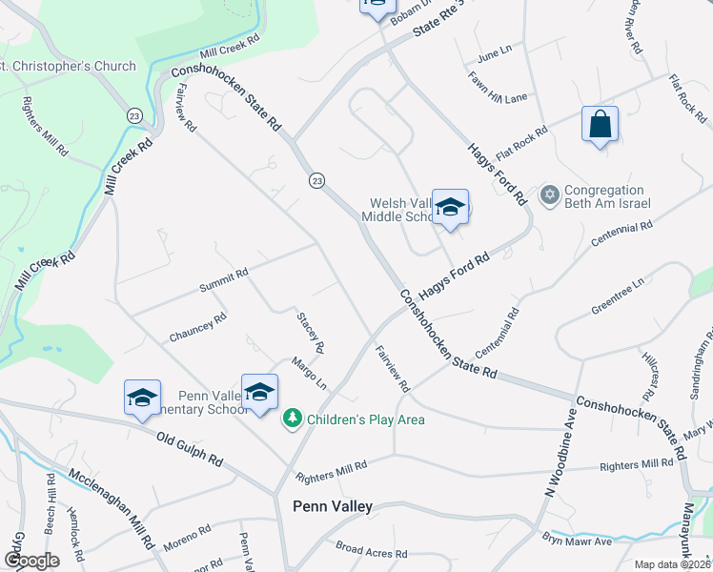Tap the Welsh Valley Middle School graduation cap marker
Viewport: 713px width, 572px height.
[x=450, y=208]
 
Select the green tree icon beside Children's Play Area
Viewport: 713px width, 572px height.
[x=292, y=419]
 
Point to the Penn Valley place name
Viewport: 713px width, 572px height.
[x=333, y=507]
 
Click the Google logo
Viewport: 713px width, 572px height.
[x=31, y=561]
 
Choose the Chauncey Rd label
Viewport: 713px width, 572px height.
[x=197, y=327]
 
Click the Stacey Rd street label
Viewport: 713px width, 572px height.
[x=312, y=331]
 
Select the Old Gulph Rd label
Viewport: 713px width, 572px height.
[x=190, y=447]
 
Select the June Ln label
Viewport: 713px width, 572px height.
[x=494, y=50]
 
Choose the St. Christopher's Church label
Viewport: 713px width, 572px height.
[x=69, y=66]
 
